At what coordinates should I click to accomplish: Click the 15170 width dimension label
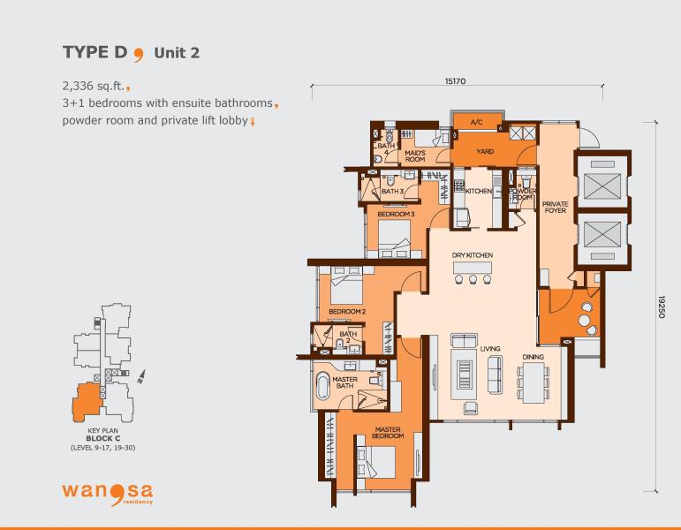455,80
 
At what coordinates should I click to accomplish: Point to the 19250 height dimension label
661,307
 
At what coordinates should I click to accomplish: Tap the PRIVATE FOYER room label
555,207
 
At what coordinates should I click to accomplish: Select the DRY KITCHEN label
472,255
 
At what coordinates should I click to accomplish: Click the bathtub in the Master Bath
322,386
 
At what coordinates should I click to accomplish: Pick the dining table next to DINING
533,382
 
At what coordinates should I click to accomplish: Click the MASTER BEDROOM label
388,432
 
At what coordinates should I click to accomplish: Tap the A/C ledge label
476,122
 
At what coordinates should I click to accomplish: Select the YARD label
485,151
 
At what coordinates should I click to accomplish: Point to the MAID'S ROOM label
415,156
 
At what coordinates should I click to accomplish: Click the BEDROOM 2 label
347,312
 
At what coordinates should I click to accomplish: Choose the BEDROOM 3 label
396,214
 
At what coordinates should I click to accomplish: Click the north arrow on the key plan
141,376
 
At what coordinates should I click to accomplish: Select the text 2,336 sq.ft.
94,86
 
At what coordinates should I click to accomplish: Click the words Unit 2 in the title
177,53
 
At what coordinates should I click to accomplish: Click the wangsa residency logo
107,494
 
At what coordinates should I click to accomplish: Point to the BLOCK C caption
103,438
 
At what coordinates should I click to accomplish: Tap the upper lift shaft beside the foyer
602,180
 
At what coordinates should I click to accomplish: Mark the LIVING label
490,348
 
